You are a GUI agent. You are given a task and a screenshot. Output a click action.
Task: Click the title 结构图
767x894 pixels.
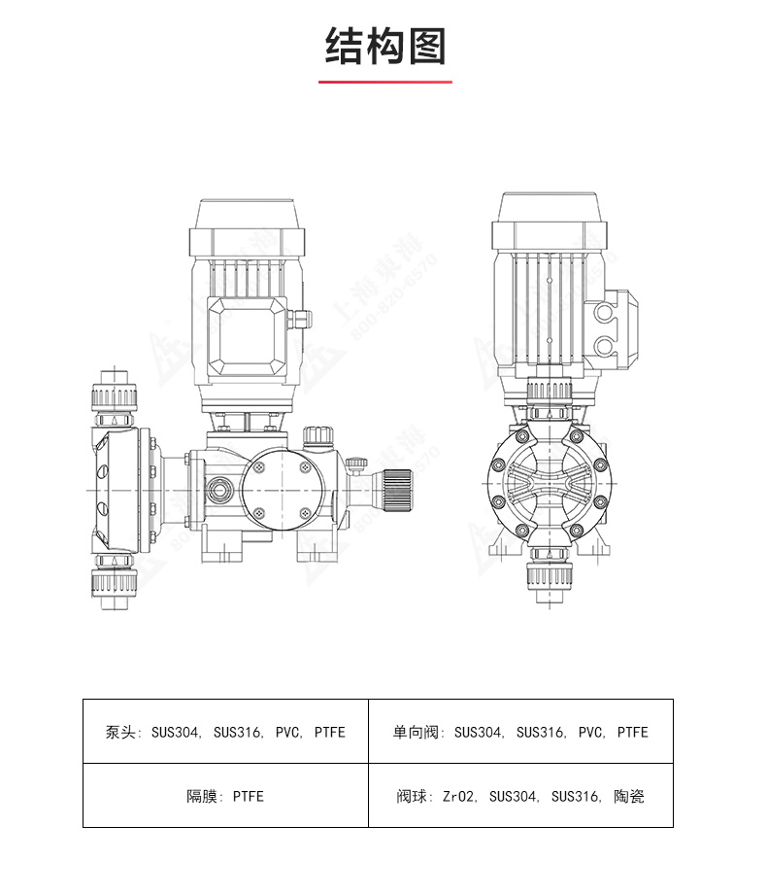tap(385, 47)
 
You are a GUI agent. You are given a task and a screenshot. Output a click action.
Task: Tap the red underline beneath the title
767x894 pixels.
tap(385, 82)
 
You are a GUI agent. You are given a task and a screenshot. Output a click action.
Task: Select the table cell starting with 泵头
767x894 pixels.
tap(225, 732)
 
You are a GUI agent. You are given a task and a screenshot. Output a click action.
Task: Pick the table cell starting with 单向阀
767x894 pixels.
tap(520, 732)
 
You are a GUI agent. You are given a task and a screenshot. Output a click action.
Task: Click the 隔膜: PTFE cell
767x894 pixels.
tap(225, 796)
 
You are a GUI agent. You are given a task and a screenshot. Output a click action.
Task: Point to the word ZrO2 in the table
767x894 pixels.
tap(459, 797)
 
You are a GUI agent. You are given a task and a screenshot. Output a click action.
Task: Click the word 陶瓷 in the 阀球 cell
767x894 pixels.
tap(629, 797)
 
